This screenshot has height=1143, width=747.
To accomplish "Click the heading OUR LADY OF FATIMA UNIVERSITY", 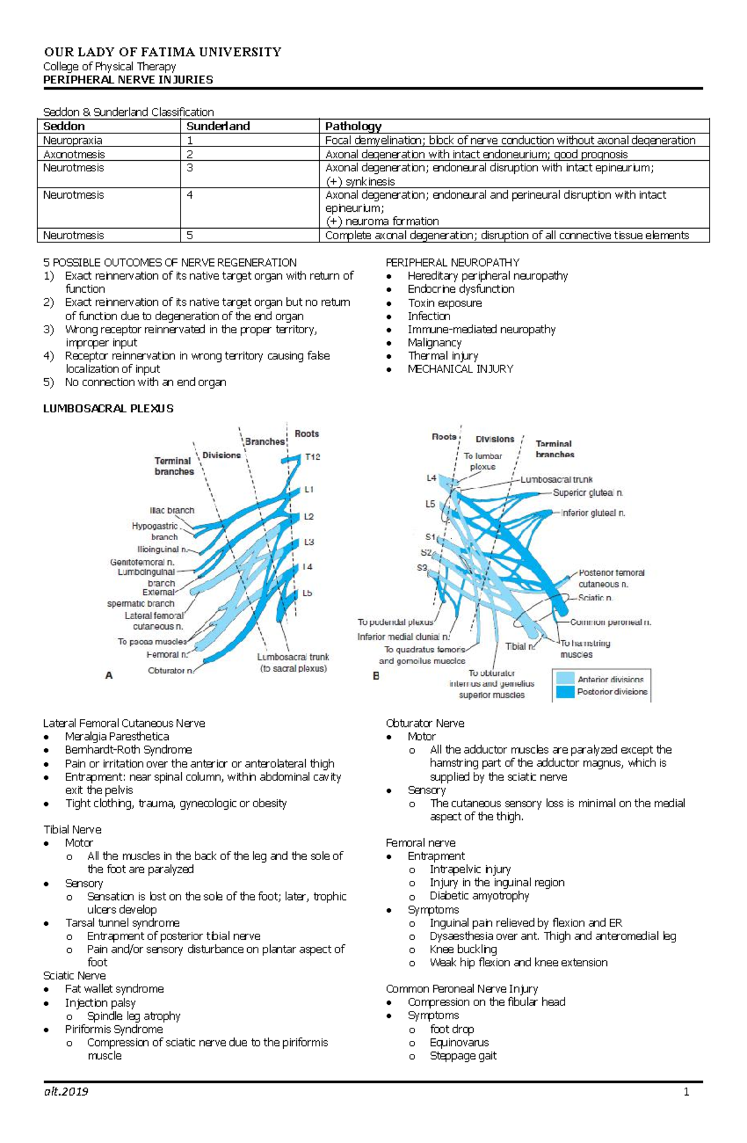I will click(162, 52).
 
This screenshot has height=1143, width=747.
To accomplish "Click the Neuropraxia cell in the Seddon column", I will click(73, 141).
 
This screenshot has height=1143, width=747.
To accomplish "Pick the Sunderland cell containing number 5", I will click(190, 235).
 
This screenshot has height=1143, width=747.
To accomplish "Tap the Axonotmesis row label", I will click(74, 154).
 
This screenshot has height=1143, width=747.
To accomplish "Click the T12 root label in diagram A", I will click(312, 457).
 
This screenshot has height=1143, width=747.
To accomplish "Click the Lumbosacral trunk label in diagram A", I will click(293, 657).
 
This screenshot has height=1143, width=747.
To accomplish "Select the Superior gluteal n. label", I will click(588, 493).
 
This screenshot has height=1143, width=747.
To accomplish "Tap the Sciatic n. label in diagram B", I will click(595, 597).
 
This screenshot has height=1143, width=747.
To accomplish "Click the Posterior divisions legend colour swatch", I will click(565, 692).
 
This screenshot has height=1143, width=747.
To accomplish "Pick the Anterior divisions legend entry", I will click(610, 680).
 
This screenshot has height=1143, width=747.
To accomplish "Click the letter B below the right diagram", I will click(376, 676).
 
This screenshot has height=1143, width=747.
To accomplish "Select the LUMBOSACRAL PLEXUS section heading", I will click(108, 409).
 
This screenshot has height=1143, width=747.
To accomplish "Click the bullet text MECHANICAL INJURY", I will click(460, 369).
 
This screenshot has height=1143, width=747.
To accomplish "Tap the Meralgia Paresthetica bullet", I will click(117, 736).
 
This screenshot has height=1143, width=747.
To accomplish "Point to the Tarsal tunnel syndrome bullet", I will click(122, 922).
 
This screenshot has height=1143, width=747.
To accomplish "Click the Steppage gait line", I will click(463, 1055).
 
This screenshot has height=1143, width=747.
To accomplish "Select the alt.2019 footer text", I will click(66, 1091).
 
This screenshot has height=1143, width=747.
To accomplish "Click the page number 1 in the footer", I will click(687, 1091).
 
